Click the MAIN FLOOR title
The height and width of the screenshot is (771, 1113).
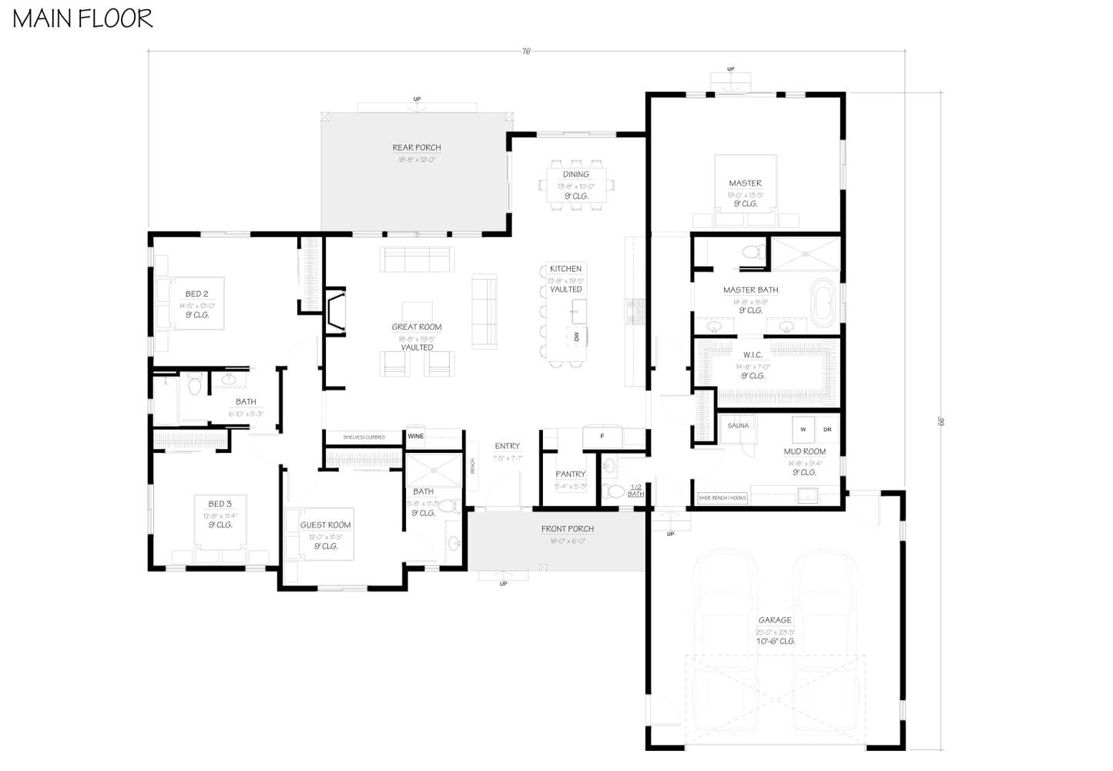coord(82,18)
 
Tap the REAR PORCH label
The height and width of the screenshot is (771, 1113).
coord(417,147)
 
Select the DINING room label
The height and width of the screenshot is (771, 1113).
coord(575,174)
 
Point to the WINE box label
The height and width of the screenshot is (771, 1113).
coord(415,437)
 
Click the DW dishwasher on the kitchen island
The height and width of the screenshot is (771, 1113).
coord(577,336)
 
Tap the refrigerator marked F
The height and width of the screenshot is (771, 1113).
coord(602,437)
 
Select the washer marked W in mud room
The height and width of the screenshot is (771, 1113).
coord(803,429)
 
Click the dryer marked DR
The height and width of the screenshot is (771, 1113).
coord(827,429)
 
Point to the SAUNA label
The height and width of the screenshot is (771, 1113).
coord(738,425)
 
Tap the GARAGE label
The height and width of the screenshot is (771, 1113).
coord(775,620)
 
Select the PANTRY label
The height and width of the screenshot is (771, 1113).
coord(571,474)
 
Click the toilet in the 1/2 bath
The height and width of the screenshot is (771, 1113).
coord(614,491)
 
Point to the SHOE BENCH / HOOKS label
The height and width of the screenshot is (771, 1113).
coord(722,498)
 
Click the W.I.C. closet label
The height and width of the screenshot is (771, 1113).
coord(753,355)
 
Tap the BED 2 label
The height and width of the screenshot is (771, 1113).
coord(196,293)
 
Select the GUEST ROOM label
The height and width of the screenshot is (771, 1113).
coord(325,525)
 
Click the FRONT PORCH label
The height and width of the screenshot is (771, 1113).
coord(568,529)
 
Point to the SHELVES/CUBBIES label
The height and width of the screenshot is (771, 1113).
coord(364,437)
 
